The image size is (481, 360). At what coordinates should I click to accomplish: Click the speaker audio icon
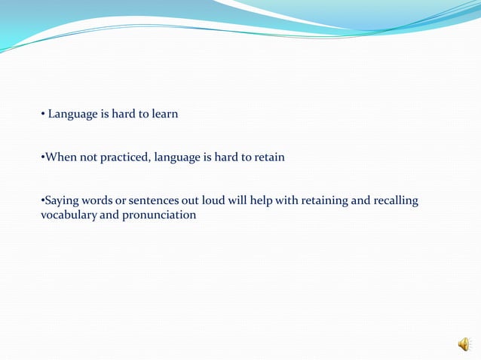tap(463, 344)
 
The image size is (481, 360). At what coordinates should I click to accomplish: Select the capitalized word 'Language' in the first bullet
tap(72, 114)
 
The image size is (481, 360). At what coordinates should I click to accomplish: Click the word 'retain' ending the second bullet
tap(268, 158)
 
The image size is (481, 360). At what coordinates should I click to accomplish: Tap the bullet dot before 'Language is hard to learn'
tap(42, 115)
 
